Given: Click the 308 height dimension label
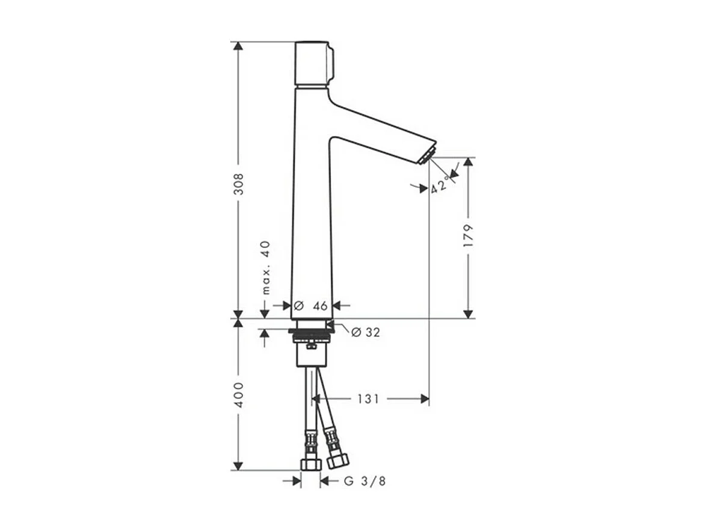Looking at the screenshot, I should (x=239, y=184).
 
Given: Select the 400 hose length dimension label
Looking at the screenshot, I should (x=239, y=394).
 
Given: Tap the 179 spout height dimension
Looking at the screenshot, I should (x=469, y=237).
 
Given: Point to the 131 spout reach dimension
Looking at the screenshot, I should (x=368, y=398).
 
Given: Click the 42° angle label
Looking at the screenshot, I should (x=440, y=184).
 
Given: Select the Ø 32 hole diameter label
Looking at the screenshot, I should (x=365, y=332).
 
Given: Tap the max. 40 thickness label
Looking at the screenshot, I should (x=265, y=267).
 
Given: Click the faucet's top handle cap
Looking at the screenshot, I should (x=313, y=64).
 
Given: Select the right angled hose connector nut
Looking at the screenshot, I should (x=337, y=461).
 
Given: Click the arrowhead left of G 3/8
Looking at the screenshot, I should (x=296, y=480).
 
